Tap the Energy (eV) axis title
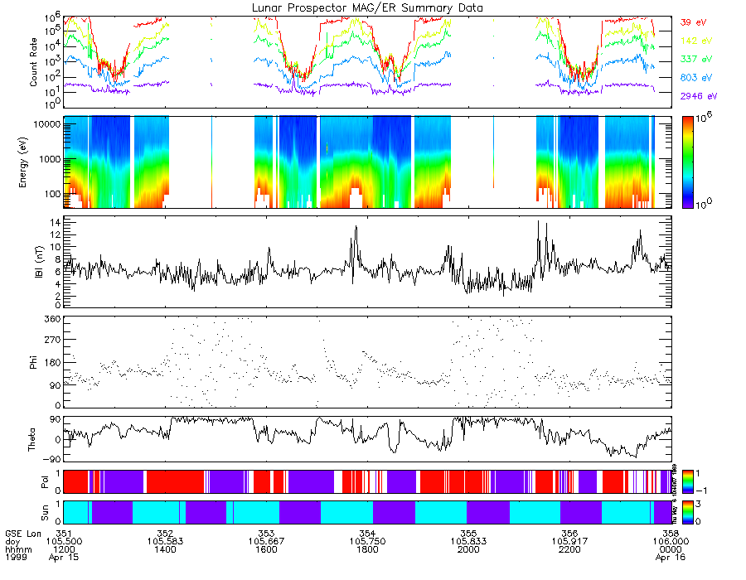[34, 162]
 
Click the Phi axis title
[34, 361]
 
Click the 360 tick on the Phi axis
[50, 318]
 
